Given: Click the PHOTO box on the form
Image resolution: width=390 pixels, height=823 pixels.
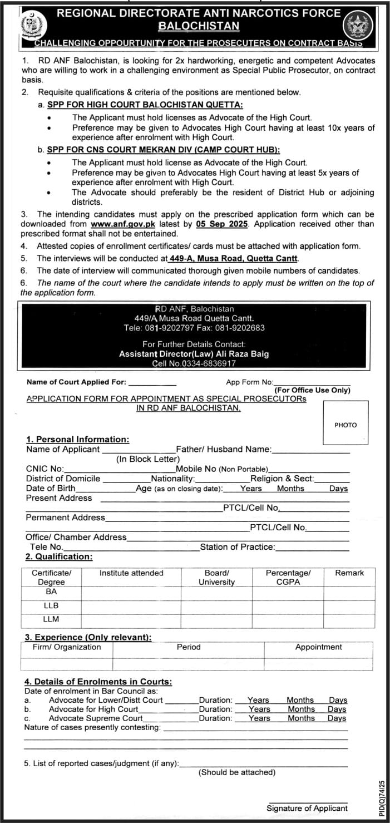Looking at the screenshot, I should [345, 425].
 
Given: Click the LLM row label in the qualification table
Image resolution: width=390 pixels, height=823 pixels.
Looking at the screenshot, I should [51, 619].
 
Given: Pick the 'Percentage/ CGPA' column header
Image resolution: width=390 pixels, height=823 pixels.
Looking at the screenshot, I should [288, 577].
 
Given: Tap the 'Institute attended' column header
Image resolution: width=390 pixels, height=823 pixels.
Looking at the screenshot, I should [131, 573].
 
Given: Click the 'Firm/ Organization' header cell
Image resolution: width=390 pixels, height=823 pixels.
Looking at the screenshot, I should [67, 647].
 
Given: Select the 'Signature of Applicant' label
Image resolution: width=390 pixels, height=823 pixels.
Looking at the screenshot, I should [307, 808].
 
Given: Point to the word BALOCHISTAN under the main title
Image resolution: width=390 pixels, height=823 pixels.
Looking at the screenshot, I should [199, 26].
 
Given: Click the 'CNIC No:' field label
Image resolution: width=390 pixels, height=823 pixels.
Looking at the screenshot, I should [45, 469].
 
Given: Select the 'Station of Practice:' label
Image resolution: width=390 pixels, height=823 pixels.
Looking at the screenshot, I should [238, 547].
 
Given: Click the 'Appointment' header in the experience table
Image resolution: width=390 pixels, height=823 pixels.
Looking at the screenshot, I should [318, 647].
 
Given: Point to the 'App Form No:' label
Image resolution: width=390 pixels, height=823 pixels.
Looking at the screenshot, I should [249, 382].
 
